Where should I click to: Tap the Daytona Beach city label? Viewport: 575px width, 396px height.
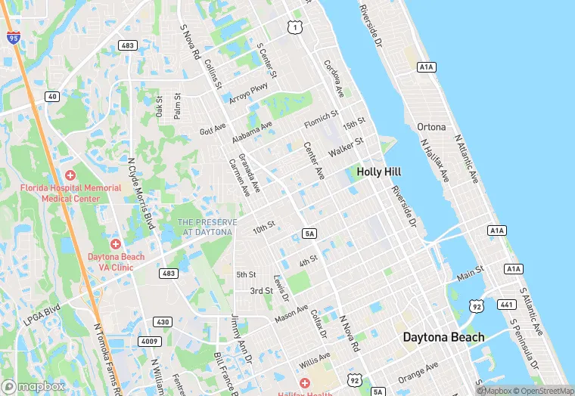pyautogui.click(x=443, y=337)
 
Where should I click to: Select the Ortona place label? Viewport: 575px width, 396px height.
pyautogui.click(x=432, y=127)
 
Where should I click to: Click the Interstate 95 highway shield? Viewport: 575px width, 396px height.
pyautogui.click(x=14, y=37)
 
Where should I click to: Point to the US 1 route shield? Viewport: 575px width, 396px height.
pyautogui.click(x=294, y=27)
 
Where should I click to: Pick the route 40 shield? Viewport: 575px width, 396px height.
pyautogui.click(x=51, y=96)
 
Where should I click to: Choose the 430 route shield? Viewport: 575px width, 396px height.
pyautogui.click(x=162, y=322)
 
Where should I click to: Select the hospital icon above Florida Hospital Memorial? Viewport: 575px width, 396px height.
pyautogui.click(x=70, y=175)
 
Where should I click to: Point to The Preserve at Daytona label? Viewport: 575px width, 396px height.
pyautogui.click(x=207, y=227)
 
